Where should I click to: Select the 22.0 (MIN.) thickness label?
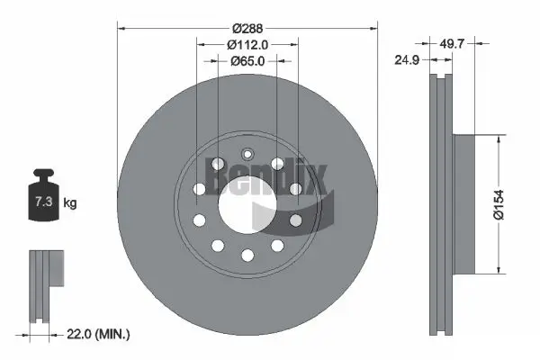click(100, 334)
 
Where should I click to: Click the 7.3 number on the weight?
click(42, 203)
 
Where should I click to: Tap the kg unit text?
click(70, 203)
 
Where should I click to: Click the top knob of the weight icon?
click(42, 172)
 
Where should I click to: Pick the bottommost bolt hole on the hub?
click(247, 256)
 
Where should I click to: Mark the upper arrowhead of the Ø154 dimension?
click(498, 139)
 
